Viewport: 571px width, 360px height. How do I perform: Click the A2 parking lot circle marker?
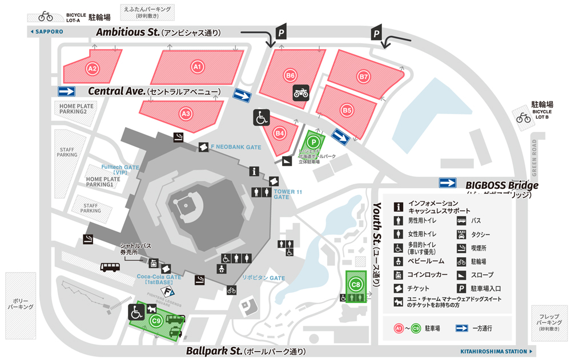click(x=92, y=68)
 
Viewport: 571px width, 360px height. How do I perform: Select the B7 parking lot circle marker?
click(x=364, y=76)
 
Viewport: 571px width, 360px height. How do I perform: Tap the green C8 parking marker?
click(x=356, y=284)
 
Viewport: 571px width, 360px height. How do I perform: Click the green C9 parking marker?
click(x=156, y=321)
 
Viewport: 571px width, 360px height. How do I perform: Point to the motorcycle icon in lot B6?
click(x=301, y=92)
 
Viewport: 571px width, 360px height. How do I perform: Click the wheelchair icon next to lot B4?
click(x=262, y=118)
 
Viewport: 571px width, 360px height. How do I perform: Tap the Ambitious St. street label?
click(x=127, y=33)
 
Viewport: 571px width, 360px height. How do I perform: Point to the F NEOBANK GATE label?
click(x=236, y=147)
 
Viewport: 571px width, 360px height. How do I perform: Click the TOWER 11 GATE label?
click(x=288, y=194)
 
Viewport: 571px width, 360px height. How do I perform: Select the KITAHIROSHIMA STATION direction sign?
click(x=496, y=351)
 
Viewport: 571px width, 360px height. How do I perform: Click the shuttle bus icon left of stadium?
click(x=110, y=267)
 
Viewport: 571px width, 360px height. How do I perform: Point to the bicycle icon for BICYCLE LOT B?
click(x=523, y=118)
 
